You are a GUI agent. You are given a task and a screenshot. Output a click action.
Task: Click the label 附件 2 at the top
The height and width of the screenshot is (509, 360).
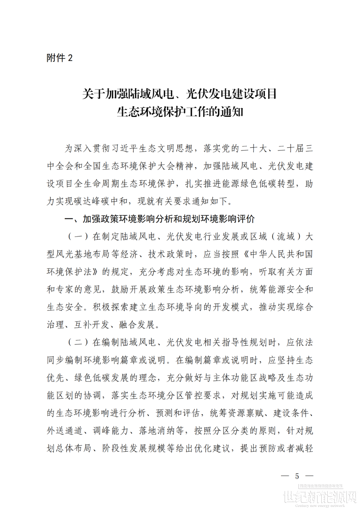59,58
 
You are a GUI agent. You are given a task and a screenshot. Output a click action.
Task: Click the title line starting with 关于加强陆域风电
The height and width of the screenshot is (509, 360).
180,94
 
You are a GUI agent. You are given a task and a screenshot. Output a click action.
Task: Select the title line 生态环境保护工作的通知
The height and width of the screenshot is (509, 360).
180,112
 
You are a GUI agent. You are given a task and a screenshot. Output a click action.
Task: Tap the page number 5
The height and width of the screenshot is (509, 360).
297,476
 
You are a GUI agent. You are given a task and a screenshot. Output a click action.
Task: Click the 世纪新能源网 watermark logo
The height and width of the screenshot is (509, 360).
320,497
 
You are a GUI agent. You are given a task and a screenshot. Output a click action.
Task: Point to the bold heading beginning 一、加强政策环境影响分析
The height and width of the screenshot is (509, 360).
160,219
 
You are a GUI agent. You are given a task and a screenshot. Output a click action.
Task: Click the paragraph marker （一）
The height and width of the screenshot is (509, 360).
78,237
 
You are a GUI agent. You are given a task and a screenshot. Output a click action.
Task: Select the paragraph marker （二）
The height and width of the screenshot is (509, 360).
78,342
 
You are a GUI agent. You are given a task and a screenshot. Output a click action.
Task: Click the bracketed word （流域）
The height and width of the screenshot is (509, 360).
286,237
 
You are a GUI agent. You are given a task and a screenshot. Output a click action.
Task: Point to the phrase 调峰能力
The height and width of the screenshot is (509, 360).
110,431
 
